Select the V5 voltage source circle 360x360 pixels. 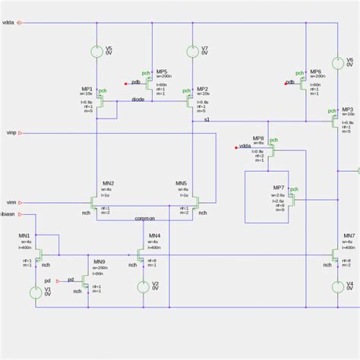96,52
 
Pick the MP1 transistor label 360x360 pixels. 87,89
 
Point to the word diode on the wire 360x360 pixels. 137,99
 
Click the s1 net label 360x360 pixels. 207,120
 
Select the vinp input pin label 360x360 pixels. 11,132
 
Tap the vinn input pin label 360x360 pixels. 11,202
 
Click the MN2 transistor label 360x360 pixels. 108,183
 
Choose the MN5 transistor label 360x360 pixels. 181,183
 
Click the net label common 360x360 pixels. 144,219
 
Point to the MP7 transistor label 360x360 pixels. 279,187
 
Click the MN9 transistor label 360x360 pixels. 99,261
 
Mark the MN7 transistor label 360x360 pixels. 349,235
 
